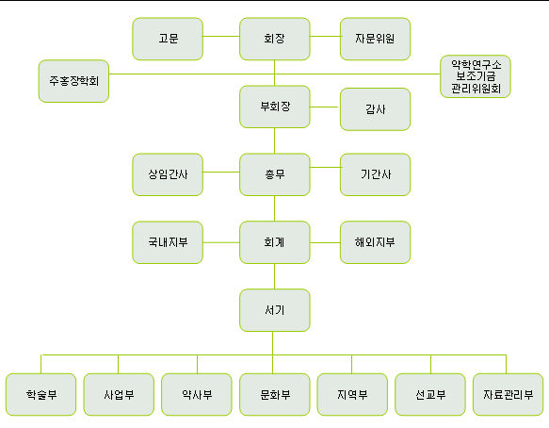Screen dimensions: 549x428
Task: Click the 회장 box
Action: pos(275,39)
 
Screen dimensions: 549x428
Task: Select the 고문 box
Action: pos(168,39)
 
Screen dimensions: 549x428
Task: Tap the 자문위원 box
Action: pos(375,39)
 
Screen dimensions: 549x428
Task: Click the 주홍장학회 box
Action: pos(73,81)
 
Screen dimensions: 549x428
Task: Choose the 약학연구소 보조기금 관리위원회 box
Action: pos(476,76)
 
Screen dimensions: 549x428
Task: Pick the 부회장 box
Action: pos(275,107)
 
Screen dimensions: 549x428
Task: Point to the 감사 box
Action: pos(375,109)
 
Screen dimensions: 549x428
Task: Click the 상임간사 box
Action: pos(168,174)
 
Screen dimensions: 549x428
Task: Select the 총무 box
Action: pos(275,174)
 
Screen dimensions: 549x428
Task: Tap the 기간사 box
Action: pos(375,174)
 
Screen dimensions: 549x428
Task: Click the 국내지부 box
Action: pos(168,242)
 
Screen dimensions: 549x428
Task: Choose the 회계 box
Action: pos(275,242)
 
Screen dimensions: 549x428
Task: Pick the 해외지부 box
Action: pos(375,242)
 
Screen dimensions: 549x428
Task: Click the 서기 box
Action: pos(275,310)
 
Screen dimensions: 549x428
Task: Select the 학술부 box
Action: pos(41,394)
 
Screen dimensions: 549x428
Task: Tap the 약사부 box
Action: pos(197,394)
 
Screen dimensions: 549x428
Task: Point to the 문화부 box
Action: pos(275,394)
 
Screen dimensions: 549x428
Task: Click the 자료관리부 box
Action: pos(508,394)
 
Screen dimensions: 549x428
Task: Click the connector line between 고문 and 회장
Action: pos(221,36)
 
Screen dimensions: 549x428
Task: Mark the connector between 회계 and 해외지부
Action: pos(325,242)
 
